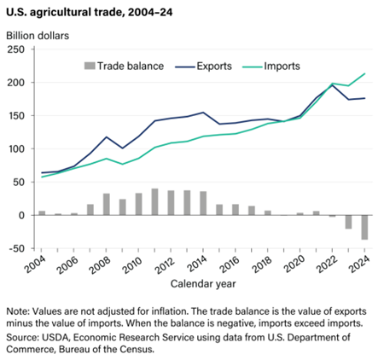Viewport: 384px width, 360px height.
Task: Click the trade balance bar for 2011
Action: pyautogui.click(x=155, y=202)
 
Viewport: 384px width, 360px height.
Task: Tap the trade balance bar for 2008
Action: pyautogui.click(x=107, y=205)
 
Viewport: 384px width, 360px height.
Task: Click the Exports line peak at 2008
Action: pyautogui.click(x=107, y=136)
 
